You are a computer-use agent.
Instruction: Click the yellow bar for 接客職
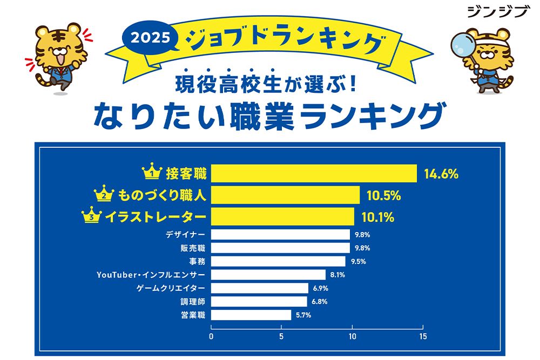click(x=314, y=174)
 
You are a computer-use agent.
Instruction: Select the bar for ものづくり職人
click(x=285, y=195)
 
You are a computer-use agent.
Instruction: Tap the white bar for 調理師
click(x=259, y=301)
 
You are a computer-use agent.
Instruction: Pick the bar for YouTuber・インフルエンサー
click(x=268, y=275)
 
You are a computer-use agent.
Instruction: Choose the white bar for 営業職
click(x=251, y=315)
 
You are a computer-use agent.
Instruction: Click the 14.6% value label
click(x=441, y=174)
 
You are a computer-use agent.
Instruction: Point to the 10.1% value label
click(x=378, y=217)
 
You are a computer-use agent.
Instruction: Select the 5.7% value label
click(x=303, y=315)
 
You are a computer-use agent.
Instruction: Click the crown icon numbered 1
click(x=152, y=173)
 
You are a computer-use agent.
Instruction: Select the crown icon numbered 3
click(x=92, y=216)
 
